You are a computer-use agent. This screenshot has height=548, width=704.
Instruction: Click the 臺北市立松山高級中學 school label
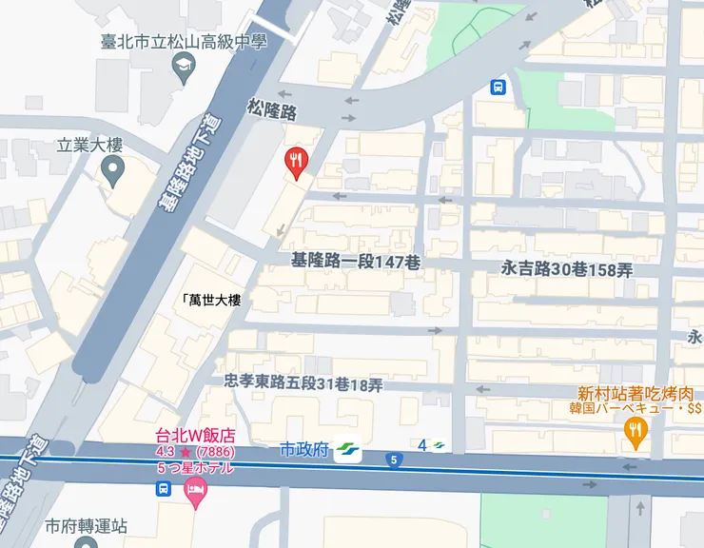(x=183, y=42)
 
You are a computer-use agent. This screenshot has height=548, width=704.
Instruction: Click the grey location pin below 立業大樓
(x=113, y=173)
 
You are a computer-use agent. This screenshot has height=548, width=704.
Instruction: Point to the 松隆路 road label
(x=270, y=111)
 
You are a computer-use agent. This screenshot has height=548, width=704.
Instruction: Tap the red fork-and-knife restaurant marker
(x=297, y=162)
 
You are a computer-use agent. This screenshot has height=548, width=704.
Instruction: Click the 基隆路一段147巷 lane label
(x=355, y=261)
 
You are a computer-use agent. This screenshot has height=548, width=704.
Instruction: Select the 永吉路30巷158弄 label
(x=566, y=269)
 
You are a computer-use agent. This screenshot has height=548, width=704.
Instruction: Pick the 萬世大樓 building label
(x=211, y=300)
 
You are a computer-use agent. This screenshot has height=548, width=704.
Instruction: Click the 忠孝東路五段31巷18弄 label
(x=303, y=383)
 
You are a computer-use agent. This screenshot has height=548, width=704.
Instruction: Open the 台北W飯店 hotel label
(x=195, y=436)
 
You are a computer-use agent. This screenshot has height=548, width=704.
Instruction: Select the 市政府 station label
(x=304, y=448)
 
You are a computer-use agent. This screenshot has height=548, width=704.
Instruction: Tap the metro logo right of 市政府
(x=348, y=448)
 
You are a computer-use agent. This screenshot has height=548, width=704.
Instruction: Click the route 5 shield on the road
(x=393, y=460)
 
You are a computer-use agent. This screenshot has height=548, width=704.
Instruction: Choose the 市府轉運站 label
(x=87, y=526)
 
